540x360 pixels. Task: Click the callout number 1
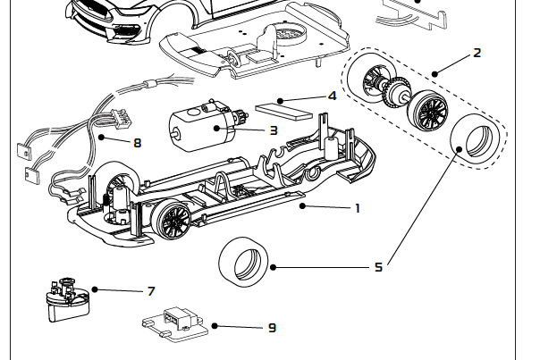(x=358, y=208)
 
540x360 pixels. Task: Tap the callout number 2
(x=477, y=53)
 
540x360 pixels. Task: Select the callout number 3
(x=273, y=130)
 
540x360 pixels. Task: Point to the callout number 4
(x=332, y=96)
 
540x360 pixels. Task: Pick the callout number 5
(x=378, y=266)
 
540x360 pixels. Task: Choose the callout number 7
(x=151, y=291)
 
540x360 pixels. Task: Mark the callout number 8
(x=137, y=142)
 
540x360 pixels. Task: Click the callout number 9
(x=272, y=328)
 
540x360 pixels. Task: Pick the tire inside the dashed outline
(x=473, y=141)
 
